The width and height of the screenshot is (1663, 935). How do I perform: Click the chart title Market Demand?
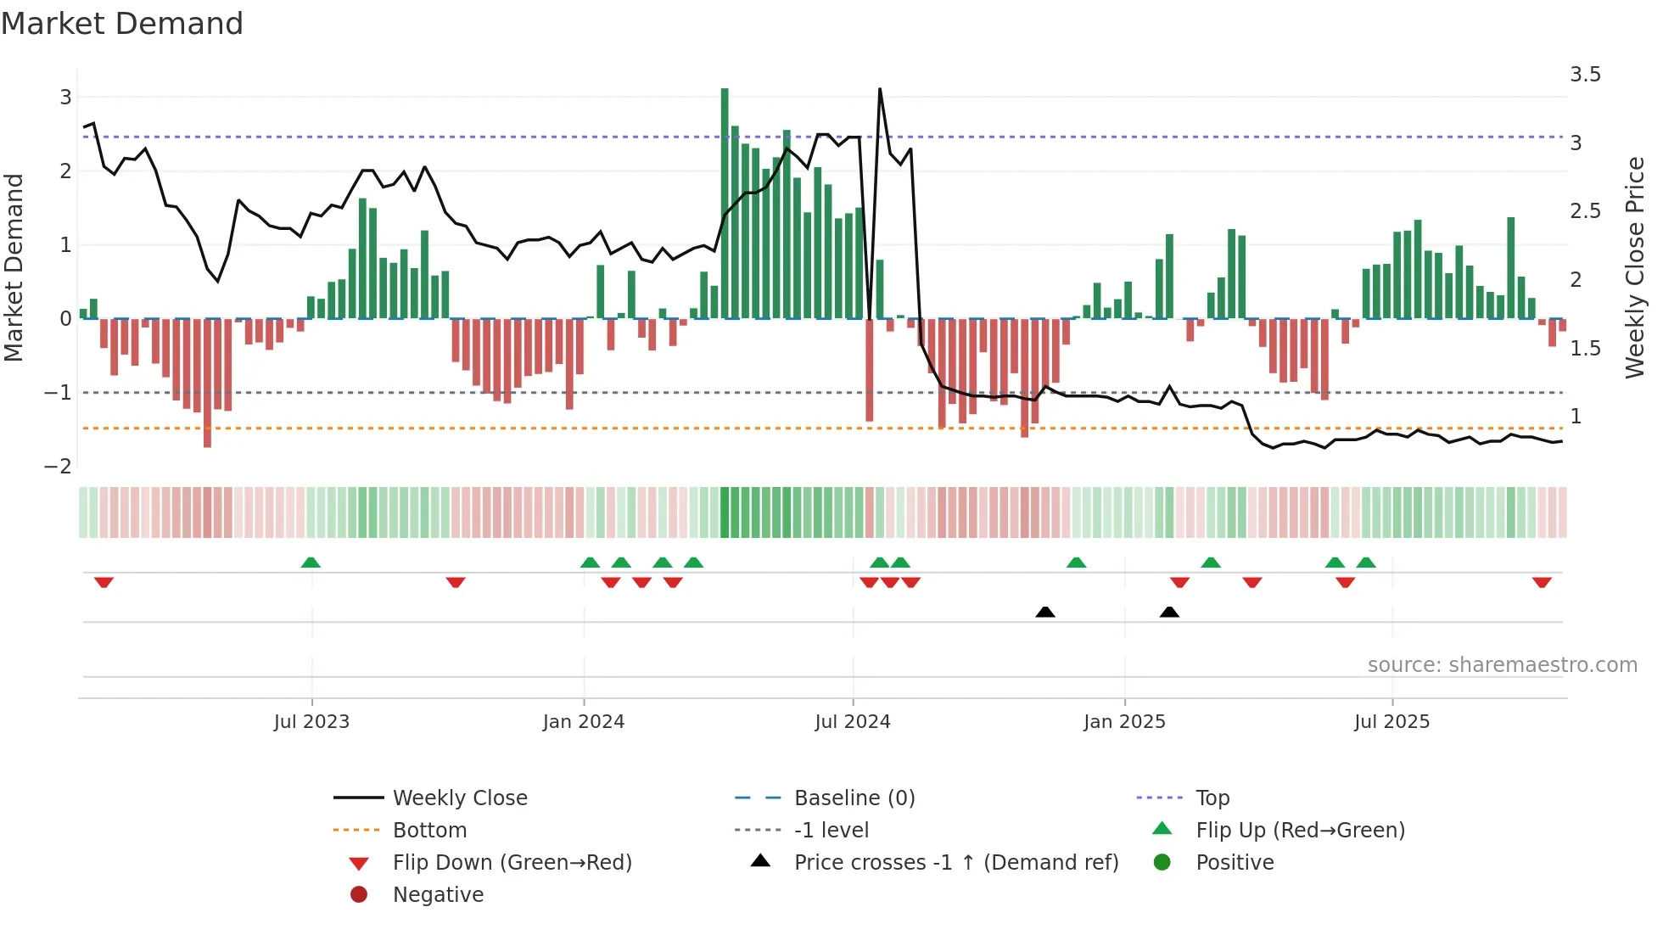pos(122,24)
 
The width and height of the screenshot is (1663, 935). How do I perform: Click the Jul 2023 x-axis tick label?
pos(311,722)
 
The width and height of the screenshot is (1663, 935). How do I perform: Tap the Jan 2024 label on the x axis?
pos(584,722)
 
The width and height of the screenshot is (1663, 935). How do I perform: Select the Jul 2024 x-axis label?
pos(853,722)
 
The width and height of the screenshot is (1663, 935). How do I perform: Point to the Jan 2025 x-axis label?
pos(1124,722)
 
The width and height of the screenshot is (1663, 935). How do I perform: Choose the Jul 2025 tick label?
pos(1391,722)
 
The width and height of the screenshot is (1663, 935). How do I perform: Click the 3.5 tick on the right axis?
pos(1585,75)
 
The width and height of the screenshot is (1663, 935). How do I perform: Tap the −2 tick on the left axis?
pos(58,466)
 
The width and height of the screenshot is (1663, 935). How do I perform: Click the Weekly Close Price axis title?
pos(1634,267)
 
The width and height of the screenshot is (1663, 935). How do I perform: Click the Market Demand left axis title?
pos(14,267)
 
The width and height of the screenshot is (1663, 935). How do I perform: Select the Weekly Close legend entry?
pos(459,798)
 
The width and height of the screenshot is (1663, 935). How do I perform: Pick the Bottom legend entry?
pos(429,831)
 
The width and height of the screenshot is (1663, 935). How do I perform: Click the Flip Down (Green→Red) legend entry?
pos(512,863)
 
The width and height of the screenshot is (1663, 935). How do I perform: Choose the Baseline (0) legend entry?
pos(854,798)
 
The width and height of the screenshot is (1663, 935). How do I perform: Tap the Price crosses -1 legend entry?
pos(955,863)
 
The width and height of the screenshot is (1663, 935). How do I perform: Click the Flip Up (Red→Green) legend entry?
pos(1300,831)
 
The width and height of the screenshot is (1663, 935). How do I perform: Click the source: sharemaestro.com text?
pos(1502,665)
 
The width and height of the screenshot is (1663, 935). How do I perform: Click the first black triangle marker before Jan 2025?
pos(1045,612)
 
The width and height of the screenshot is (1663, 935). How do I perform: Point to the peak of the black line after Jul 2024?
pos(880,89)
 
